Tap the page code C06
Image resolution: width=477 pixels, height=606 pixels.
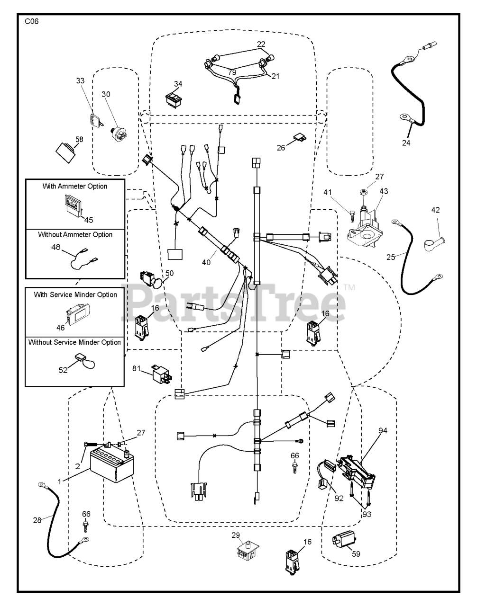click(x=32, y=21)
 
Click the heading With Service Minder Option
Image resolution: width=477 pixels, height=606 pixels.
click(x=75, y=294)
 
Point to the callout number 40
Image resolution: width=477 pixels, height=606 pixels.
click(x=206, y=262)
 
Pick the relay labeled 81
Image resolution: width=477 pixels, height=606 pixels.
click(x=161, y=374)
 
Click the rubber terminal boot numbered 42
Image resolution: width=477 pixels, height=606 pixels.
click(x=434, y=244)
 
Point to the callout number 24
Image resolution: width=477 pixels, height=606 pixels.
click(x=406, y=143)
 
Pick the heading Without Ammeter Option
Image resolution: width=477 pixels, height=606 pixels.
click(x=75, y=234)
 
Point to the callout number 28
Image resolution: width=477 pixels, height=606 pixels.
click(x=37, y=520)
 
